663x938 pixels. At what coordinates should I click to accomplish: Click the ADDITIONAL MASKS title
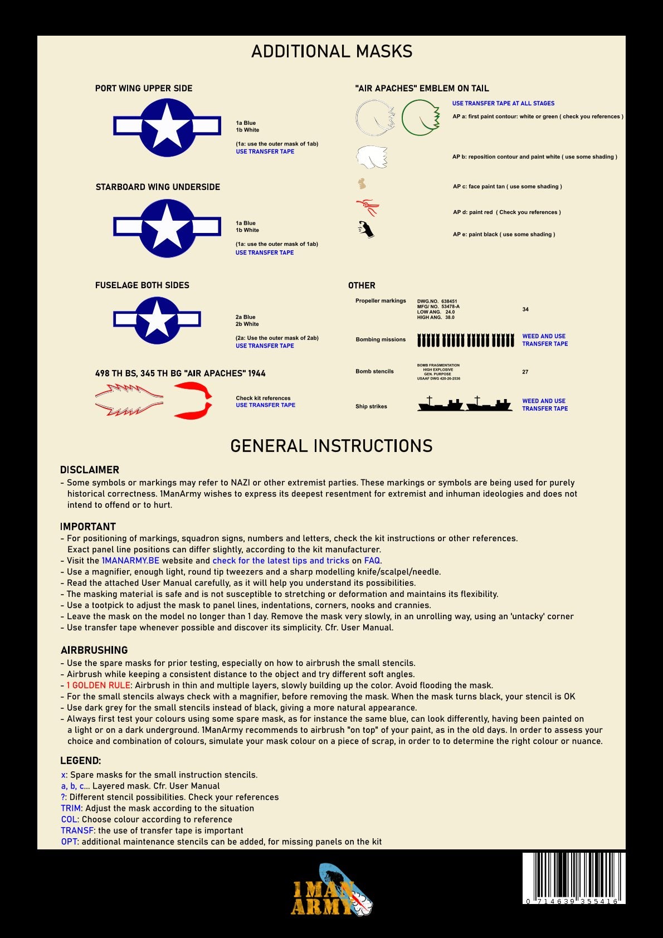(x=331, y=51)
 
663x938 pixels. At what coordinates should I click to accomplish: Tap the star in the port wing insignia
(x=167, y=127)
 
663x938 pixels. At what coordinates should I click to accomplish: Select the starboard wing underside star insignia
(x=167, y=229)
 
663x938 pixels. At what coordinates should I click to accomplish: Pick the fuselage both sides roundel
(x=157, y=320)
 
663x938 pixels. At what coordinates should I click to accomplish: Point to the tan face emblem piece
(x=362, y=183)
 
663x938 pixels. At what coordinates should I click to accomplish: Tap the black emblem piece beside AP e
(x=365, y=229)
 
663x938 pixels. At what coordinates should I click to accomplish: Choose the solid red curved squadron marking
(x=193, y=401)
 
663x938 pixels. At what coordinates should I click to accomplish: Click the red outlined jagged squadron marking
(x=129, y=401)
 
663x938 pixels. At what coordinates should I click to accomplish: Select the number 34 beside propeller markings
(x=525, y=309)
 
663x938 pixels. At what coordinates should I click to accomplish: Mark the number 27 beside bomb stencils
(x=525, y=372)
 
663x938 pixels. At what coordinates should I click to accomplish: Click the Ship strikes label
(x=371, y=406)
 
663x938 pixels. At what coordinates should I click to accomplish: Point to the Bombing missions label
(x=381, y=339)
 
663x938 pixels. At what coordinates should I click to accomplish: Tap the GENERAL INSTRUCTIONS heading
(x=331, y=446)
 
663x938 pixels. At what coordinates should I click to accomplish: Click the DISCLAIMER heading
(x=90, y=470)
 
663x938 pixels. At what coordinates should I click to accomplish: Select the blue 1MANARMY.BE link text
(x=130, y=561)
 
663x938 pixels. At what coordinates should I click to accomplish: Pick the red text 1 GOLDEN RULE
(x=98, y=686)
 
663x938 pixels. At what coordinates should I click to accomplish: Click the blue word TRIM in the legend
(x=71, y=808)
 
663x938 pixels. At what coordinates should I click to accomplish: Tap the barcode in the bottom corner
(x=574, y=878)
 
